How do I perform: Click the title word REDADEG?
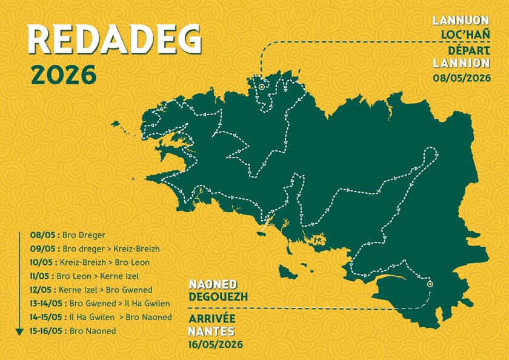pos(115,41)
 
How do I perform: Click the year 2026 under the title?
pos(63,75)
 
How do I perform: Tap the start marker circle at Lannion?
pos(261,87)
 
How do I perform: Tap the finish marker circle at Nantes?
pos(430,284)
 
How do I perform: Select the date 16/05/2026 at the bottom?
pos(216,344)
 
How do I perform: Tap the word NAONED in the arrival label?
pos(213,285)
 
